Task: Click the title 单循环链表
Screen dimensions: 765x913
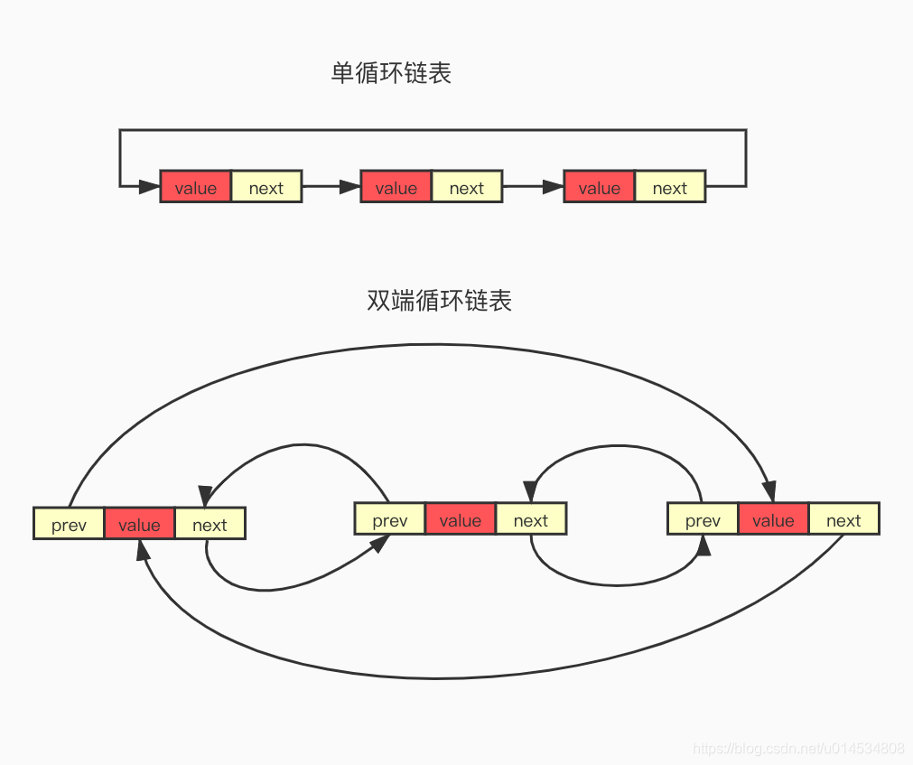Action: click(391, 73)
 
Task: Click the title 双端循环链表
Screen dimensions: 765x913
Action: click(440, 301)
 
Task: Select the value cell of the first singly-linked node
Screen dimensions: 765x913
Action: click(196, 187)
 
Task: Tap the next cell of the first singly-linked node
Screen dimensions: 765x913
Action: click(266, 187)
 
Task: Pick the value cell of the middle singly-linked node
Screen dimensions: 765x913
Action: click(396, 187)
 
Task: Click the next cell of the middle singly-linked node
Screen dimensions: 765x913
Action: click(467, 187)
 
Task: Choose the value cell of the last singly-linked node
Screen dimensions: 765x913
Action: click(600, 187)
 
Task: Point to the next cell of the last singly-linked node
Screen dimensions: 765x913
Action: click(670, 187)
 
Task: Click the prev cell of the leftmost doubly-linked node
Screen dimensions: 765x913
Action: click(70, 524)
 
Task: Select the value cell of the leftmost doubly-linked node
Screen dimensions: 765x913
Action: click(140, 524)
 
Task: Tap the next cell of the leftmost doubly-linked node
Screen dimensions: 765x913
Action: click(210, 524)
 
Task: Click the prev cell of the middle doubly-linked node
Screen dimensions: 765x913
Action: click(390, 519)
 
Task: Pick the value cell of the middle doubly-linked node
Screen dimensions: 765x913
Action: click(461, 519)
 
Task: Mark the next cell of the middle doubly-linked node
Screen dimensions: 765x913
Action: click(531, 519)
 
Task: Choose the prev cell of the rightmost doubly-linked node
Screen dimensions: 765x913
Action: click(703, 519)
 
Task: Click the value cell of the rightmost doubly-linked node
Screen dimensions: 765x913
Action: click(773, 519)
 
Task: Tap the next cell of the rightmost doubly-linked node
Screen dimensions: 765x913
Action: click(843, 519)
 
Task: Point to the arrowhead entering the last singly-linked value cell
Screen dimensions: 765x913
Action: click(553, 187)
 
